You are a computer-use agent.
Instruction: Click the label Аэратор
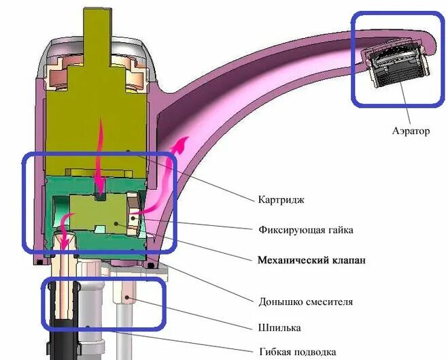coord(410,131)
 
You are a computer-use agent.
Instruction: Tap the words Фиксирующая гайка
coord(306,229)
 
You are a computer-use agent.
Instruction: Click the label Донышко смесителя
coord(306,301)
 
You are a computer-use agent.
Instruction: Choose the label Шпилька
coord(279,328)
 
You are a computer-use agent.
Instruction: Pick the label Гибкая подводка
coord(298,352)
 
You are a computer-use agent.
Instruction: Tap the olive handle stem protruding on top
coord(101,31)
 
